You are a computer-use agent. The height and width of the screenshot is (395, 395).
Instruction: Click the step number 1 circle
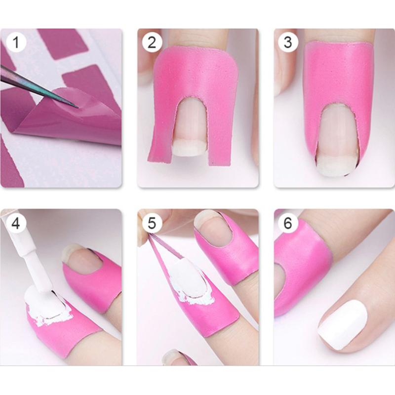16,42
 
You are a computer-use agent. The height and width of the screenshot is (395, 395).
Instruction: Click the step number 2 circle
152,42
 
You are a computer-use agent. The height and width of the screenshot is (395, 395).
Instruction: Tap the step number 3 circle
288,42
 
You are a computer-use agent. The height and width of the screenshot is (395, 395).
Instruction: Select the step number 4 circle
16,223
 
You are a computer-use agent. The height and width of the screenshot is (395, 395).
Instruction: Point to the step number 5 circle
152,223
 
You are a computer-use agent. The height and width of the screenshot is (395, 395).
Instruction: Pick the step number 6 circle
288,223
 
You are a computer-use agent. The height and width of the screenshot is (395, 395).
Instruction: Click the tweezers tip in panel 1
78,107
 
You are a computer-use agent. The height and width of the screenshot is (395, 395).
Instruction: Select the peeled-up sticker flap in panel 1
73,118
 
